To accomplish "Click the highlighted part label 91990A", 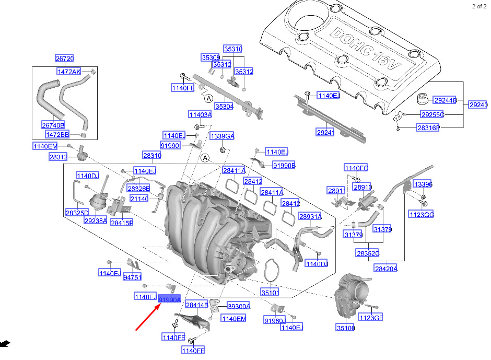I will [170, 299].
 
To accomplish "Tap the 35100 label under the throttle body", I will [345, 328].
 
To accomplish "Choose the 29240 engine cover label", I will [478, 105].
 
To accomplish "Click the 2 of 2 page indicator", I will [478, 6].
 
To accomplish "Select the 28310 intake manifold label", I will [152, 155].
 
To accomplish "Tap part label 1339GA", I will [222, 136].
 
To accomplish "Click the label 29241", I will [324, 133].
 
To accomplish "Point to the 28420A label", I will [385, 269].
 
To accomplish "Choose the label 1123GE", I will [370, 317].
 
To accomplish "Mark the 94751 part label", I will [132, 277].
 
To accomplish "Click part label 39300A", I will [238, 306].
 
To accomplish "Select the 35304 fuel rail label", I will [224, 107].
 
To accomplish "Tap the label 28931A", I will [310, 216].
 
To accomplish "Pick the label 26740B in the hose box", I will [53, 125].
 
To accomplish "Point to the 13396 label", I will [423, 184].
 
